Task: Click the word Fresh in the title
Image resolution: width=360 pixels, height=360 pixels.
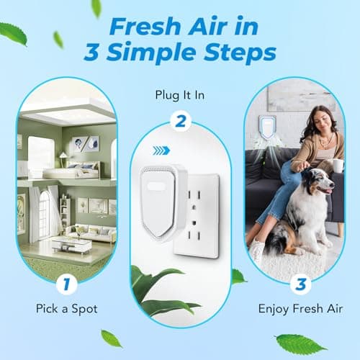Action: pyautogui.click(x=135, y=27)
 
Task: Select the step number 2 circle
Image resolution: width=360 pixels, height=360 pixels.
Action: pyautogui.click(x=180, y=120)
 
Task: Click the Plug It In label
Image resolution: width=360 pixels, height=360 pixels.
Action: pyautogui.click(x=180, y=94)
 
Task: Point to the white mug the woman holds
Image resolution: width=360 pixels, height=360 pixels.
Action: pyautogui.click(x=338, y=166)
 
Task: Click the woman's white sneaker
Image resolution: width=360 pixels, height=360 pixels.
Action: pyautogui.click(x=258, y=249)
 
